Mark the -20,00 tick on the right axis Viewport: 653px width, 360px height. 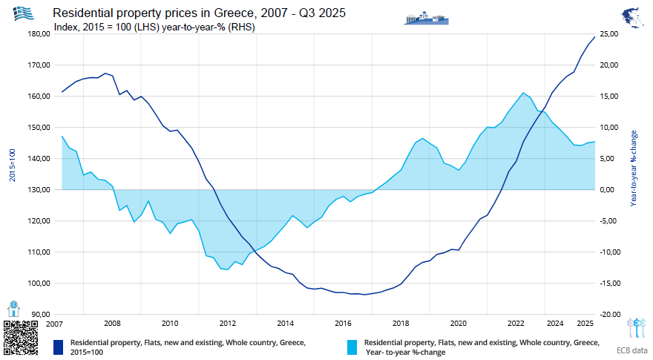pos(609,314)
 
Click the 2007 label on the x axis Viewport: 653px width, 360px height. pos(54,324)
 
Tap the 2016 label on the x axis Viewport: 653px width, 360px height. pos(343,324)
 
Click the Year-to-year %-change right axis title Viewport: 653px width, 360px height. pos(634,168)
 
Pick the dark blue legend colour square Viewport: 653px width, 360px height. pos(59,347)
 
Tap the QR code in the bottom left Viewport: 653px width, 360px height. pos(19,338)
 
